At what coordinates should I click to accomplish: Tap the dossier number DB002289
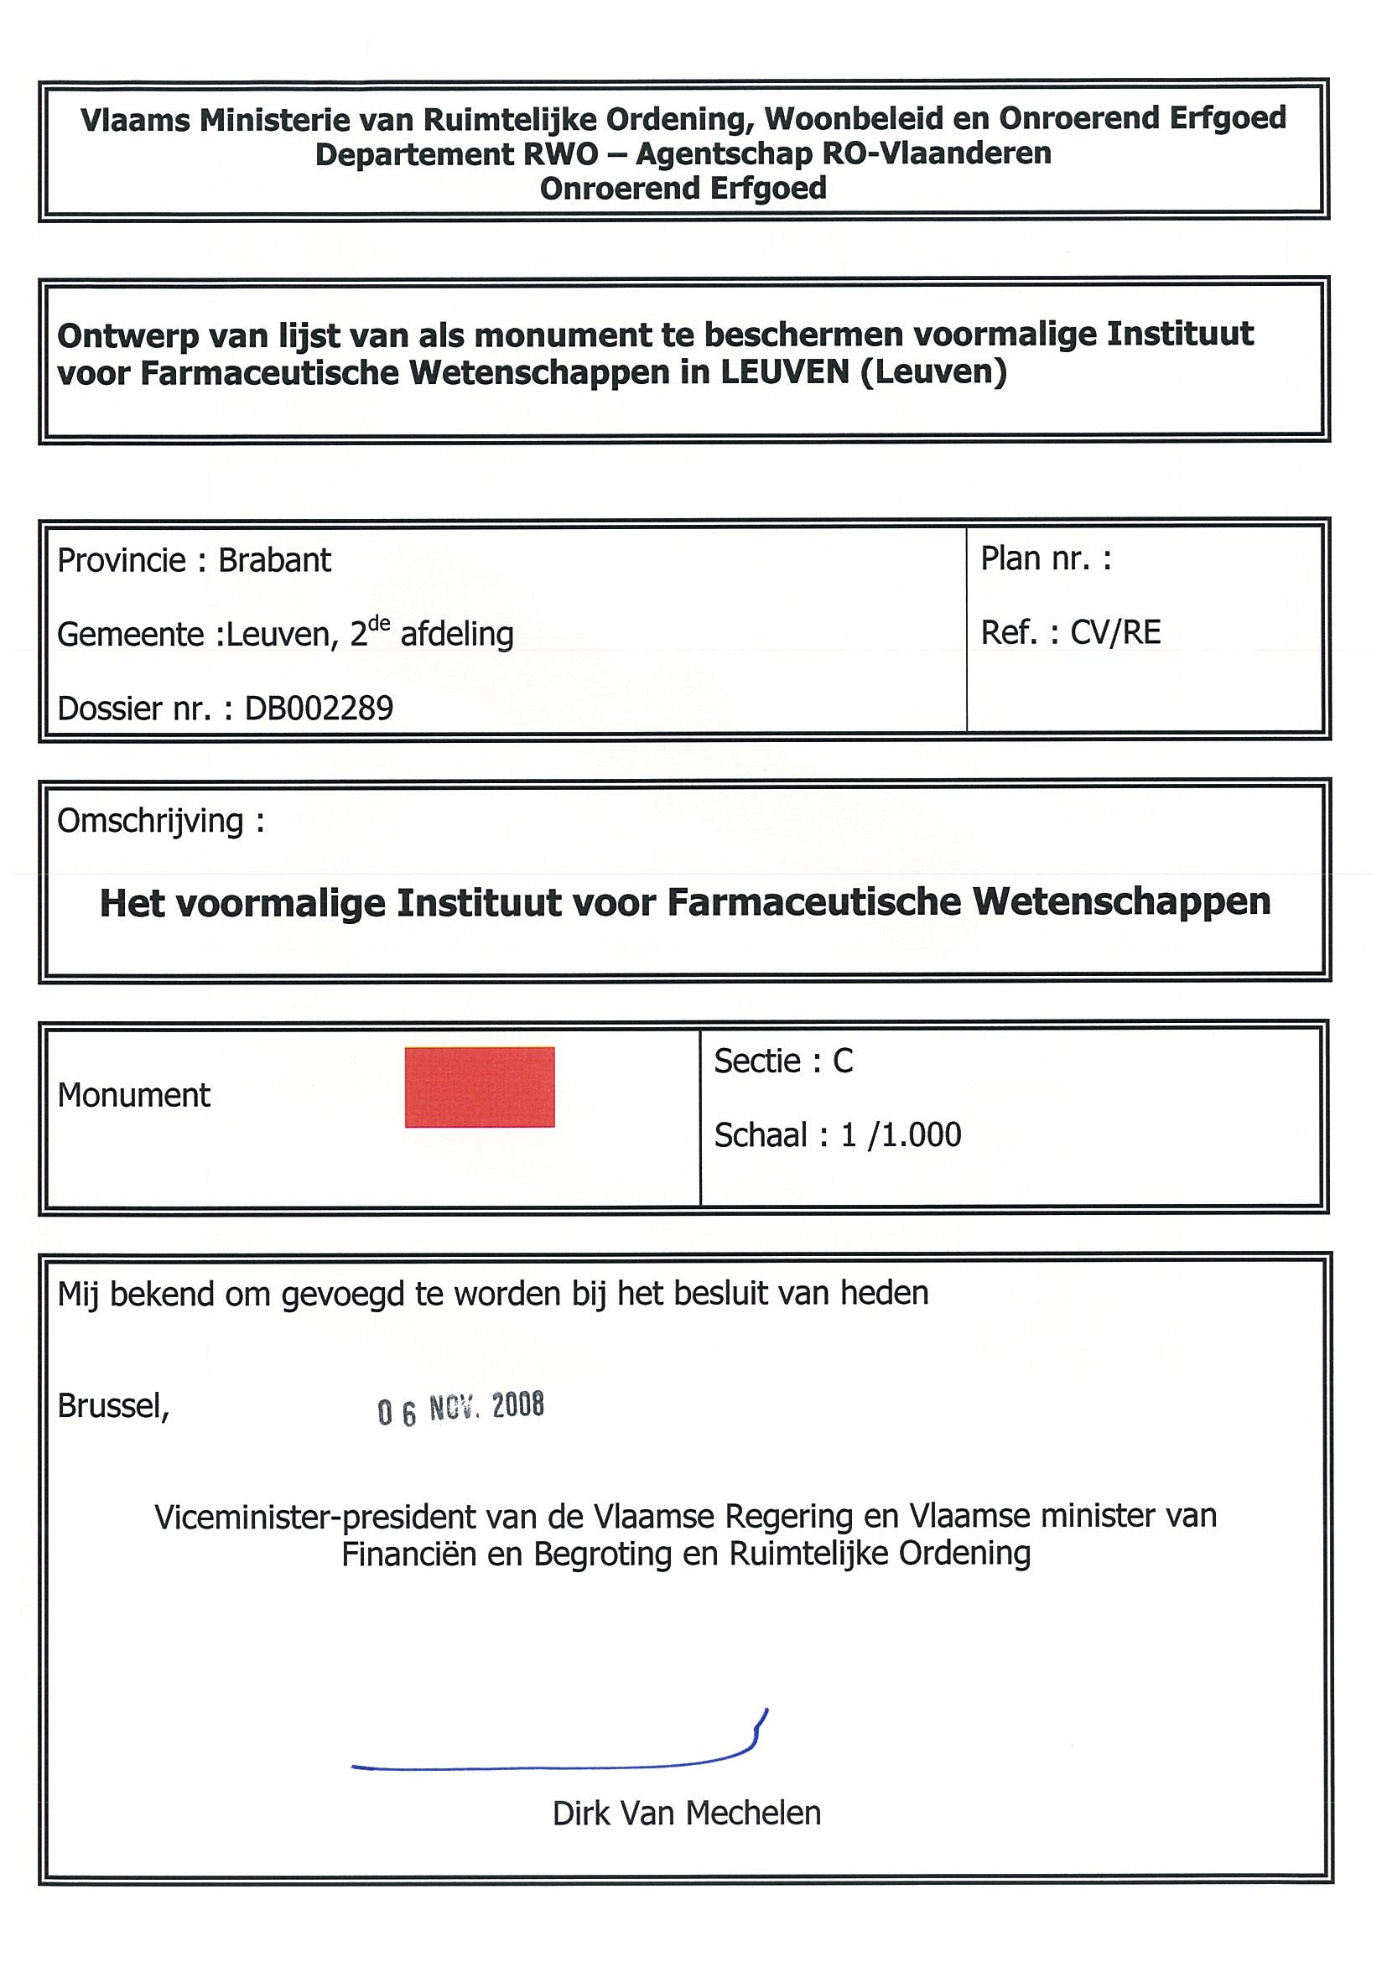pos(319,708)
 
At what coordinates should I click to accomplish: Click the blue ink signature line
pos(555,1763)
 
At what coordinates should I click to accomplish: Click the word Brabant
pos(274,561)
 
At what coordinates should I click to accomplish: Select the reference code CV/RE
pos(1115,632)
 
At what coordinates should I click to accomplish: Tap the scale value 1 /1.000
pos(901,1134)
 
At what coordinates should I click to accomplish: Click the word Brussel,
pos(113,1406)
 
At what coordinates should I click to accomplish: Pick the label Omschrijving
pos(150,821)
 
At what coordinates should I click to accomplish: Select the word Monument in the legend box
pos(133,1096)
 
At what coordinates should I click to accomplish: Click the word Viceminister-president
pos(315,1517)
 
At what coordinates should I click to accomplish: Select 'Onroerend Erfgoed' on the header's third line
pos(683,188)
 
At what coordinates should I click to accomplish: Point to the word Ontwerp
pos(117,337)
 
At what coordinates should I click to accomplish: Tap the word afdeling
pos(456,635)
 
